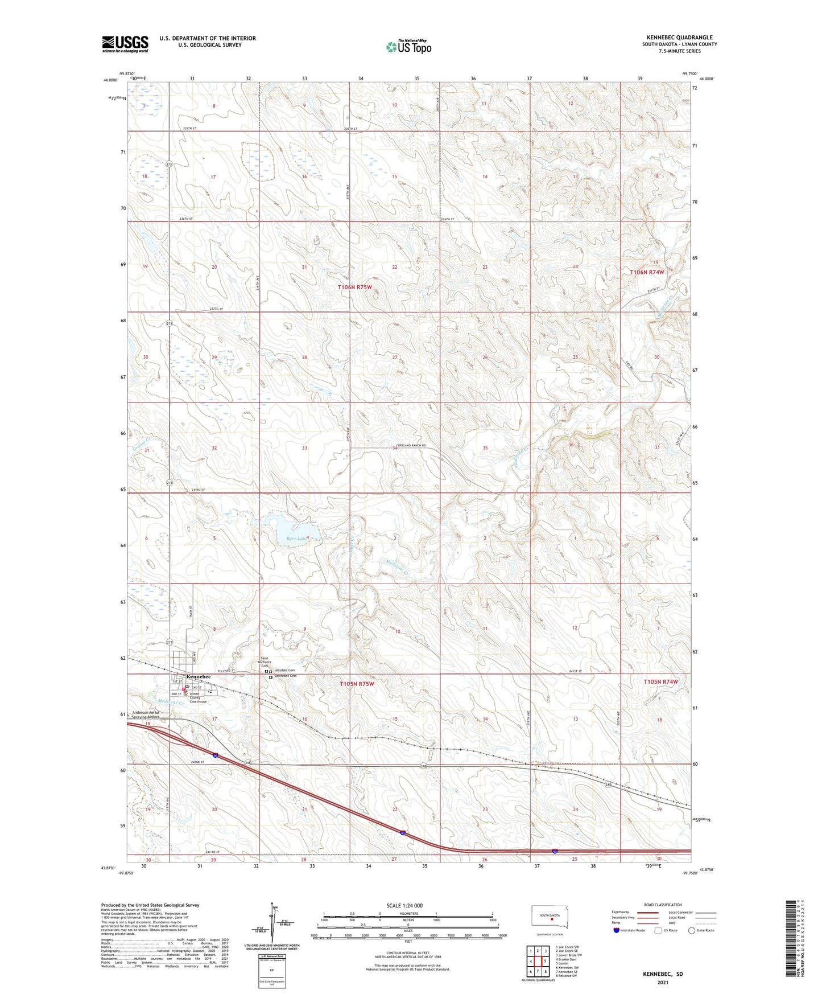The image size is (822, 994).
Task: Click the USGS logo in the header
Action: [125, 44]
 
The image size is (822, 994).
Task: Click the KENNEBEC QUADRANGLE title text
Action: [679, 38]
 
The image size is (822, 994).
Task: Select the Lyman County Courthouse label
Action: [198, 698]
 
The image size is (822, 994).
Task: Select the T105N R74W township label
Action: [661, 681]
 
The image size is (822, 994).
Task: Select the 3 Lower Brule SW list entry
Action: [569, 955]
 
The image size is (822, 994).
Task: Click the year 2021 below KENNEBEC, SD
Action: [663, 983]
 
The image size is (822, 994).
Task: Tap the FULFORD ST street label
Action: [226, 671]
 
